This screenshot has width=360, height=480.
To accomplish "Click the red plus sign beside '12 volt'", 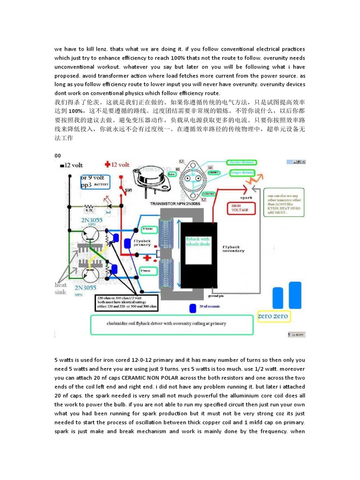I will [x=107, y=165].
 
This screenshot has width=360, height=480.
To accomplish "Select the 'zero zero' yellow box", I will [x=274, y=317].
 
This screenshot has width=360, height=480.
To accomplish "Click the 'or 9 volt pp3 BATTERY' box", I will [x=95, y=181].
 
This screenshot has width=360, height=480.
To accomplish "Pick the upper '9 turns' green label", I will [x=149, y=229].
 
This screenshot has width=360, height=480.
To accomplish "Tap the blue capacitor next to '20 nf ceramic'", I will [x=193, y=308].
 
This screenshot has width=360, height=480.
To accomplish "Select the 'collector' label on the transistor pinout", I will [x=208, y=193].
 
